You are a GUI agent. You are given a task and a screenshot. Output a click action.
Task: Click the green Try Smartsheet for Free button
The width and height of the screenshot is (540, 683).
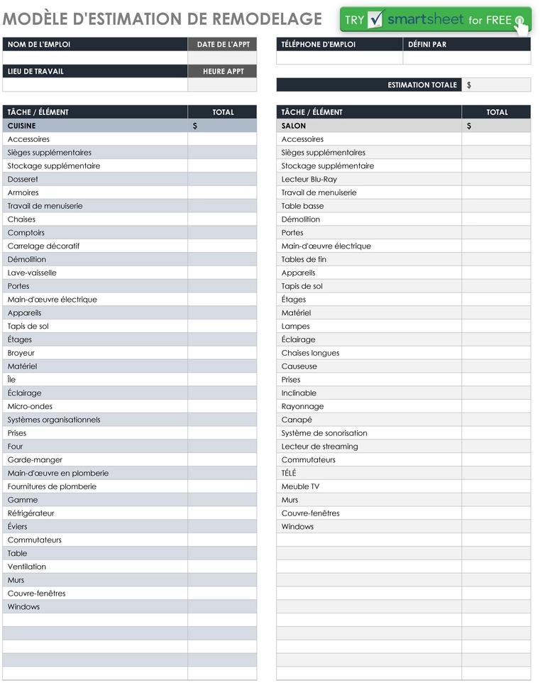(x=434, y=20)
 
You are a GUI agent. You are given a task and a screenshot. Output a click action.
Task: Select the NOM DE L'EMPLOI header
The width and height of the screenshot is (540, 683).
(x=39, y=45)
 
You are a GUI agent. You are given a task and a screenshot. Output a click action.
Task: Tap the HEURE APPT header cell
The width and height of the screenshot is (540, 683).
(x=223, y=72)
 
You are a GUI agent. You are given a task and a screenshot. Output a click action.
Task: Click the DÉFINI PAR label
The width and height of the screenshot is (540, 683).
(x=427, y=45)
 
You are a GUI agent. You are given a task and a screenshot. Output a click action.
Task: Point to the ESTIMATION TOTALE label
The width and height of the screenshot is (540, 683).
(x=422, y=85)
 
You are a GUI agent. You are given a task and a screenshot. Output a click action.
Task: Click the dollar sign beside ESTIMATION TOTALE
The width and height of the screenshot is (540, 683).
(x=469, y=85)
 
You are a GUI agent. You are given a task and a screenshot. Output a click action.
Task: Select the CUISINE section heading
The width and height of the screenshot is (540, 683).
(x=21, y=126)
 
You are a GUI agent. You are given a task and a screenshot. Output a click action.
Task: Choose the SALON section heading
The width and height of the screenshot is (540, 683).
(x=294, y=126)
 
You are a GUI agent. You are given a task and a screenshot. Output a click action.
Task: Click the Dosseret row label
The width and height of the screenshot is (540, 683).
(x=23, y=180)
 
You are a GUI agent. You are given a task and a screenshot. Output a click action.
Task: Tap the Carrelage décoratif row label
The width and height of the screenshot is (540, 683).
(x=43, y=246)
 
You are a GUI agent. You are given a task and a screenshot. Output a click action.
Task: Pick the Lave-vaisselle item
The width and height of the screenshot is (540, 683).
(x=32, y=273)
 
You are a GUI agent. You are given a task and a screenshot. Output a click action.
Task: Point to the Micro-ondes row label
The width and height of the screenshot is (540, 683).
(x=30, y=407)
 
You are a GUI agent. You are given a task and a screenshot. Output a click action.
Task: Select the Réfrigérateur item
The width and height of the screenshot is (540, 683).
(x=31, y=513)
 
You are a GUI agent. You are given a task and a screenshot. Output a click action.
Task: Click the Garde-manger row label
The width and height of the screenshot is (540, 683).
(x=35, y=460)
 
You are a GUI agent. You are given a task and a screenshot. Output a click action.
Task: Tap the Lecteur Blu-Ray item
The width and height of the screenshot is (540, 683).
(x=309, y=180)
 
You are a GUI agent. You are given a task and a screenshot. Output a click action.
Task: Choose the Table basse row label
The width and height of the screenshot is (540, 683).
(x=302, y=207)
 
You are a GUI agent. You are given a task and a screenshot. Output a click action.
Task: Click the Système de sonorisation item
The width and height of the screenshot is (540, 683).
(x=324, y=433)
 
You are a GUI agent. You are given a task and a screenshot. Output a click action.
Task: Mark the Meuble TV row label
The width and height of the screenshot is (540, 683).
(x=300, y=487)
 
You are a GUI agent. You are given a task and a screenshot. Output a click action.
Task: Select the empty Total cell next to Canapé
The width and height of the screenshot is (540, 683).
(x=496, y=420)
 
